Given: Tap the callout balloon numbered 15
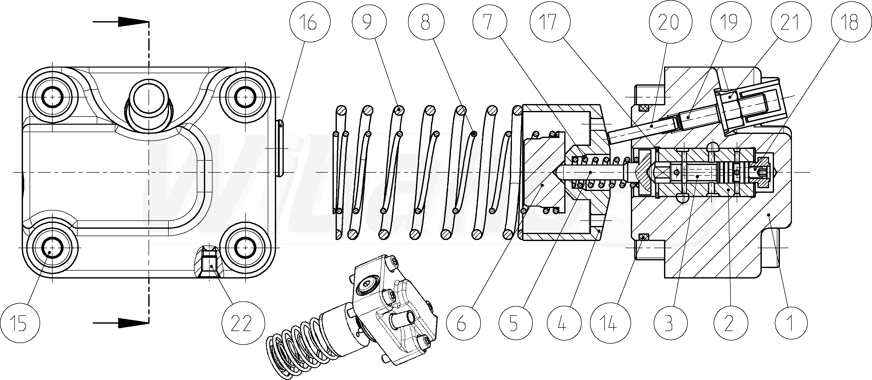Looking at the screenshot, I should coord(20,323).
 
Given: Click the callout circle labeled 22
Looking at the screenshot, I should coord(244,323).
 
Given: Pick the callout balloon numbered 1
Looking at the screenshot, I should coord(791,323).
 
